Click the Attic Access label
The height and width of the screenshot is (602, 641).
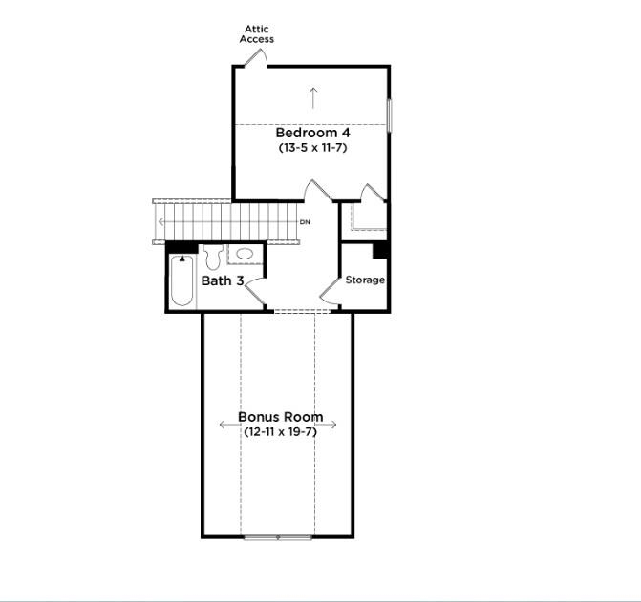[x=257, y=34]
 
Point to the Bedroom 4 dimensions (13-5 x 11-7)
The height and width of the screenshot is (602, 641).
[x=312, y=148]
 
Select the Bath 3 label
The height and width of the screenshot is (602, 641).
[x=223, y=280]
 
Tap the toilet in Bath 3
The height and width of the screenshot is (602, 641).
[x=213, y=257]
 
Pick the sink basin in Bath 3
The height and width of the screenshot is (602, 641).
[x=245, y=254]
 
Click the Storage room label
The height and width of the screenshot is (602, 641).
[x=365, y=280]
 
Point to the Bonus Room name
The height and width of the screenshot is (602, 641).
[x=280, y=417]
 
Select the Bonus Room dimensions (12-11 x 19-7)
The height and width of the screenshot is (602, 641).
[x=280, y=432]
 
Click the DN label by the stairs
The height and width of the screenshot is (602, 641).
[x=305, y=222]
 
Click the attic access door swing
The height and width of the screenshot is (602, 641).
[x=255, y=58]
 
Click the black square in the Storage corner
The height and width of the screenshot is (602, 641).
[x=379, y=250]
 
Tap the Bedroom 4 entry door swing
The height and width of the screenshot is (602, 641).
[x=315, y=191]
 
